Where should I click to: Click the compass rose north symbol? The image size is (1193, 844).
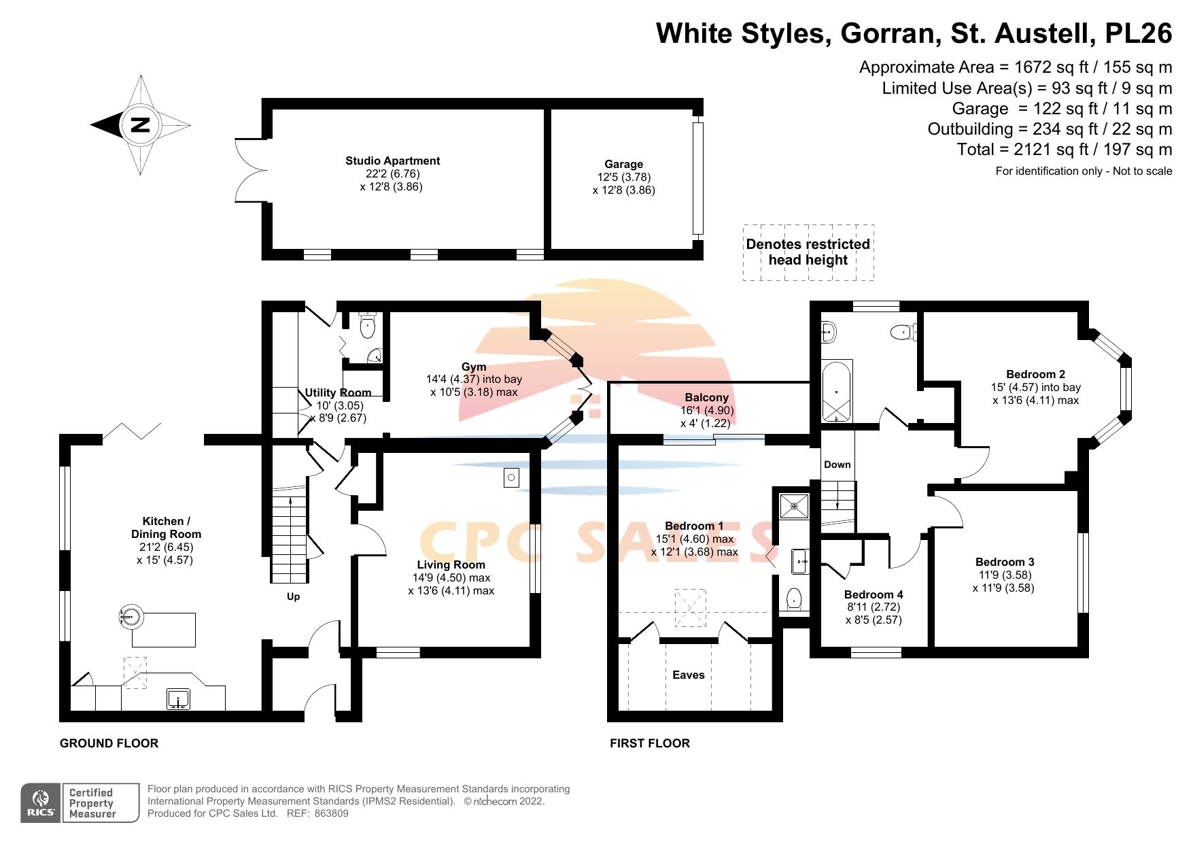pyautogui.click(x=140, y=125)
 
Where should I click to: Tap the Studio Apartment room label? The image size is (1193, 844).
pyautogui.click(x=392, y=161)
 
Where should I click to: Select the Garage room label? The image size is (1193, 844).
pyautogui.click(x=623, y=165)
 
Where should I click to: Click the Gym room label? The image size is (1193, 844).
pyautogui.click(x=474, y=367)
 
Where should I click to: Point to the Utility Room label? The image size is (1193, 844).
pyautogui.click(x=338, y=393)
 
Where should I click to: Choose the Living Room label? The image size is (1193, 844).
pyautogui.click(x=451, y=565)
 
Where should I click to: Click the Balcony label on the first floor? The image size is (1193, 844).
pyautogui.click(x=706, y=398)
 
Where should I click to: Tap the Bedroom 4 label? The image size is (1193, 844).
pyautogui.click(x=874, y=595)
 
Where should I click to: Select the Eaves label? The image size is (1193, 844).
pyautogui.click(x=688, y=675)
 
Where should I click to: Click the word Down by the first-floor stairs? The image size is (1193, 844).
pyautogui.click(x=837, y=465)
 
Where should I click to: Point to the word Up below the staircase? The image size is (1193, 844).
pyautogui.click(x=293, y=597)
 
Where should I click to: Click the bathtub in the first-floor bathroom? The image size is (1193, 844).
pyautogui.click(x=836, y=391)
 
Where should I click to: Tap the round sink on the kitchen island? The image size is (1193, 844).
pyautogui.click(x=131, y=617)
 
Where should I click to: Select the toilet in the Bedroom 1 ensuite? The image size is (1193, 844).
pyautogui.click(x=793, y=599)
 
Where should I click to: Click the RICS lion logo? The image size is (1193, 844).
pyautogui.click(x=41, y=803)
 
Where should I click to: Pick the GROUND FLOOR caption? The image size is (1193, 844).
pyautogui.click(x=109, y=743)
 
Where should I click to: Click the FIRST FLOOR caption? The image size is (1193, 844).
pyautogui.click(x=649, y=743)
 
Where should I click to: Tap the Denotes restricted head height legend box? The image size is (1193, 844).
pyautogui.click(x=808, y=252)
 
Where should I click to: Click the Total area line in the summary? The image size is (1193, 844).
pyautogui.click(x=1064, y=150)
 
